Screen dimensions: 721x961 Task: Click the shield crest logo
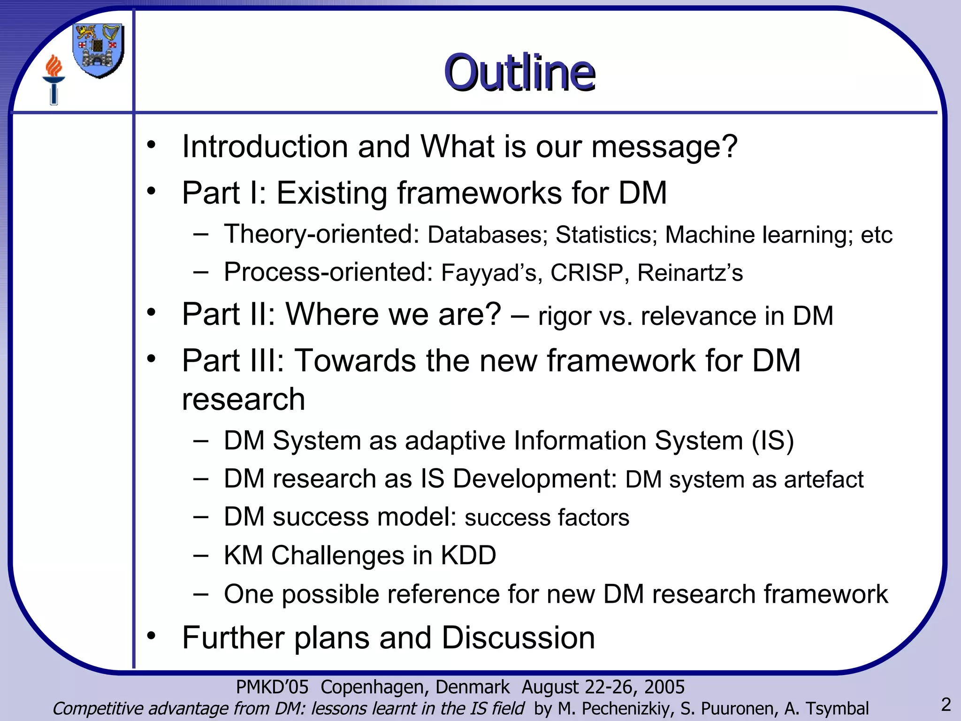click(x=98, y=51)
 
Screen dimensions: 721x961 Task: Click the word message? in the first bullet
click(x=664, y=146)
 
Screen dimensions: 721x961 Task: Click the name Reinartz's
click(x=690, y=273)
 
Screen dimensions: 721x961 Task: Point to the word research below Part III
click(x=244, y=399)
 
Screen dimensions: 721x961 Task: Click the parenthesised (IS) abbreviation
click(x=772, y=441)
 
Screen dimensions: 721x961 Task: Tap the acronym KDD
click(x=468, y=555)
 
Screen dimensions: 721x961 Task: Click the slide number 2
click(x=946, y=705)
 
